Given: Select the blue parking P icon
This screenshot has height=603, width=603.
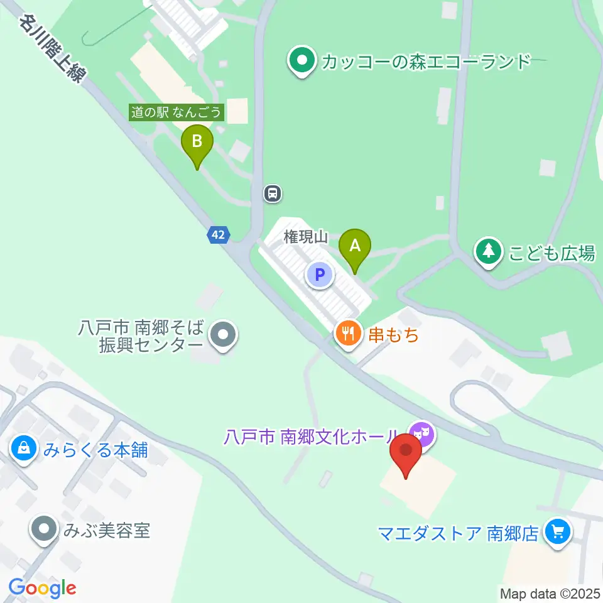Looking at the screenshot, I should (320, 274).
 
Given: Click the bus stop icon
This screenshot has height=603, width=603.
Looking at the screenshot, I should (272, 193).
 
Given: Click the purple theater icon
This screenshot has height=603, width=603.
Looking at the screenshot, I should (421, 434).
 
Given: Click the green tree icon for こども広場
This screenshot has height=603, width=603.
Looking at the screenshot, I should (488, 252).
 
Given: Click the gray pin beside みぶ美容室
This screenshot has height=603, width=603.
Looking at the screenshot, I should (44, 530).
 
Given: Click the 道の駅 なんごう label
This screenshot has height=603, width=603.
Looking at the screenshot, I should (177, 113).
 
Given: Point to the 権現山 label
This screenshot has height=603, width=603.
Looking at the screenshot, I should (307, 237).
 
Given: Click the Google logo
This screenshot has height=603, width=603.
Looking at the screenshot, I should (42, 589).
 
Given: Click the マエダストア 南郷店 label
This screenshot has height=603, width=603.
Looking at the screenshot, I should (459, 534).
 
